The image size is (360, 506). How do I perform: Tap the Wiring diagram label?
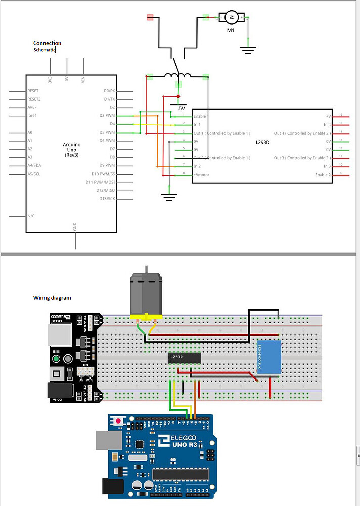click(52, 298)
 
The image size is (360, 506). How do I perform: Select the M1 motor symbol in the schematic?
click(231, 18)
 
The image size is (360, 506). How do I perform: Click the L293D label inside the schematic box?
click(263, 142)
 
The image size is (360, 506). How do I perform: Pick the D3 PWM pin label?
click(108, 116)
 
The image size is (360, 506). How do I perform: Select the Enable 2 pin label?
click(323, 174)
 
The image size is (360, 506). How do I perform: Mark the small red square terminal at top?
click(150, 17)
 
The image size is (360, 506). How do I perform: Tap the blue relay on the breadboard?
click(269, 357)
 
